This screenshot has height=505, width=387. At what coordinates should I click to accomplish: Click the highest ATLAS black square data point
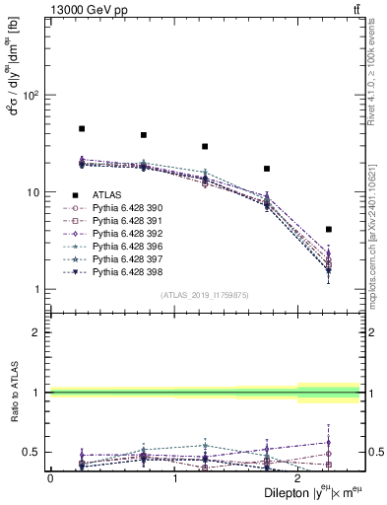82,129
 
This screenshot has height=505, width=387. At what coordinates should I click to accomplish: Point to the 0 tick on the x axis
50,477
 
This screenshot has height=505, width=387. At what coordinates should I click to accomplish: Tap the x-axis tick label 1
175,477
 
